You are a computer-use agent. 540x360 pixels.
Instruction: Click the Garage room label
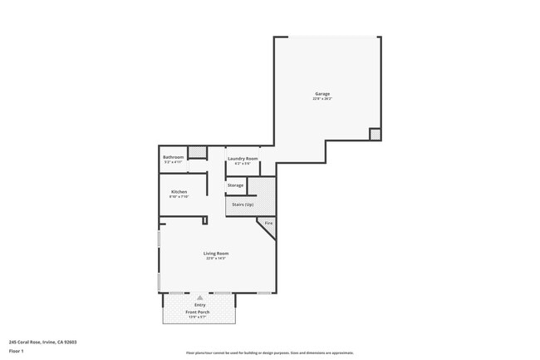click(x=322, y=94)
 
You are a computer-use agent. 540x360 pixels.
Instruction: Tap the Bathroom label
click(x=173, y=157)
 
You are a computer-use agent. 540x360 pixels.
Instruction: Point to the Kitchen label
click(x=179, y=192)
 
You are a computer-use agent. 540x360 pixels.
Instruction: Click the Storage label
click(x=235, y=185)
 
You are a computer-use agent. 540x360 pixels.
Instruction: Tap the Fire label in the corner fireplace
click(x=268, y=224)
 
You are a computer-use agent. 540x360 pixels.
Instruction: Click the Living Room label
click(x=216, y=254)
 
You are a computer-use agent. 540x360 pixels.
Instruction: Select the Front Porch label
click(x=198, y=312)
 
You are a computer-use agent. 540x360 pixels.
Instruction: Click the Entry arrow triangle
click(x=199, y=298)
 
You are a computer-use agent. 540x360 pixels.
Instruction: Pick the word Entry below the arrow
click(x=199, y=305)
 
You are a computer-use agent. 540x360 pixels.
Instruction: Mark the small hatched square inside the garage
click(x=375, y=134)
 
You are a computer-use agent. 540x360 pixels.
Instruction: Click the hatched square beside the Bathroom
click(x=197, y=151)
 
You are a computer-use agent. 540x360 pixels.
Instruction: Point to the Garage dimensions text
click(x=322, y=99)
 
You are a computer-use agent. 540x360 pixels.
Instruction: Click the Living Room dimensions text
click(x=216, y=259)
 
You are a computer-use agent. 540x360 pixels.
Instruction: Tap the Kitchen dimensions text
click(x=179, y=197)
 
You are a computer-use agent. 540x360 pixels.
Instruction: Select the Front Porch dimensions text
click(x=198, y=317)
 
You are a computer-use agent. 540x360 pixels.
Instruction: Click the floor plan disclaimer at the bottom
click(x=269, y=353)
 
